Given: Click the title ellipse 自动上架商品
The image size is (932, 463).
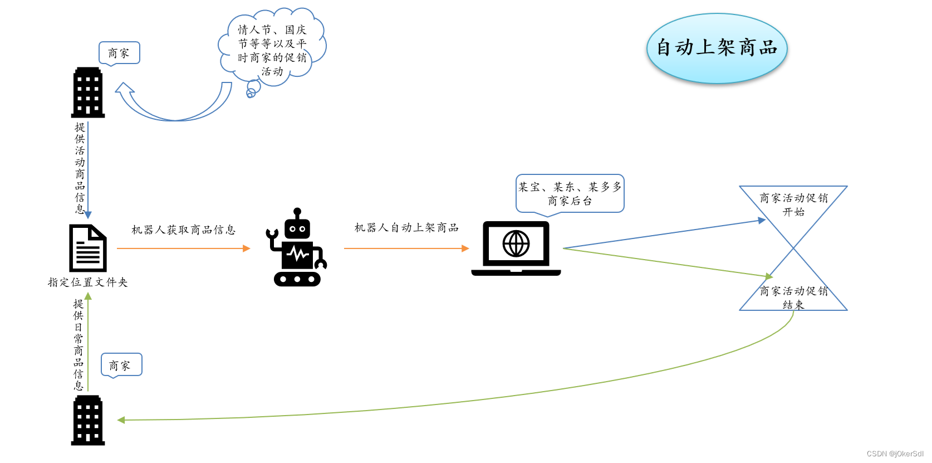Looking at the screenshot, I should [717, 48].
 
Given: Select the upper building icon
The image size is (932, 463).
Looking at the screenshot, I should [88, 92].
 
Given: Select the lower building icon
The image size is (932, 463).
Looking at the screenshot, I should [88, 420].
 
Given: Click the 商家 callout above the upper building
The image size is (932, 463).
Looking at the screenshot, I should [119, 53].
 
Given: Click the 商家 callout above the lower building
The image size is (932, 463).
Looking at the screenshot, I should [121, 365].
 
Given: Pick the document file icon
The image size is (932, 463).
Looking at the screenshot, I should [87, 248].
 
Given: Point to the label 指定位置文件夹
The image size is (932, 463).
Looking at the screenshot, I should [88, 282].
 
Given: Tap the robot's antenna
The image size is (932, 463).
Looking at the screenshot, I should [297, 213].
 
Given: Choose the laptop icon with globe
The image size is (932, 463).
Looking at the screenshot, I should [516, 248].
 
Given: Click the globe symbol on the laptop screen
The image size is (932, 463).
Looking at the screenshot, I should [516, 243].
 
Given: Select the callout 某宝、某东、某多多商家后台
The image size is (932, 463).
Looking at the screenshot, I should [570, 193].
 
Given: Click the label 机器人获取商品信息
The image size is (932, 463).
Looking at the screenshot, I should [183, 230].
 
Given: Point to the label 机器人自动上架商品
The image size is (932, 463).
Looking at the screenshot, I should [406, 227].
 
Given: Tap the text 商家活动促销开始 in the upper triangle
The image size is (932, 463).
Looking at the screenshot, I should [793, 204].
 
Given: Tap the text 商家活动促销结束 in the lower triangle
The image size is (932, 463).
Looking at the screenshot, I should [793, 298].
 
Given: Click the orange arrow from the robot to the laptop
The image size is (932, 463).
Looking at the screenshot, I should [406, 248].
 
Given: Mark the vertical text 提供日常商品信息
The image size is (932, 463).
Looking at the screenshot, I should [79, 344].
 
